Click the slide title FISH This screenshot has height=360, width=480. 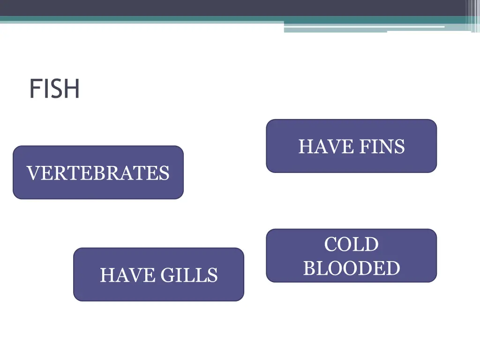click(x=54, y=89)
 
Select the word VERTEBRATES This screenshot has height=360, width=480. click(x=98, y=173)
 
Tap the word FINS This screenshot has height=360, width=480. click(x=382, y=147)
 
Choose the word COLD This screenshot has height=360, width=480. click(x=351, y=245)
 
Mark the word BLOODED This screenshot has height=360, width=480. click(x=351, y=269)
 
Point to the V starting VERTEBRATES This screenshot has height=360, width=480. click(x=33, y=173)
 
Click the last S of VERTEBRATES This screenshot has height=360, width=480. click(x=165, y=173)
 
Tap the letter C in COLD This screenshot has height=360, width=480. click(x=331, y=245)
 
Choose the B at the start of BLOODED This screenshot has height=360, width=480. click(x=309, y=269)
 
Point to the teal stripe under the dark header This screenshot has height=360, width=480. click(x=141, y=19)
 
